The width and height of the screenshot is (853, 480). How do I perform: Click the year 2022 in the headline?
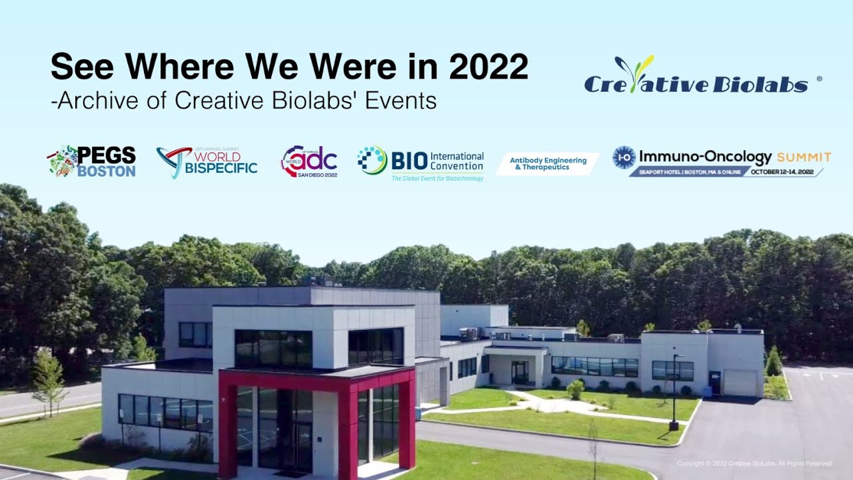tap(488, 67)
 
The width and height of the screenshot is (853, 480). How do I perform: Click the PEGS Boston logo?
tap(91, 161)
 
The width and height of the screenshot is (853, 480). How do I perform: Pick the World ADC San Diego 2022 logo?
tap(309, 161)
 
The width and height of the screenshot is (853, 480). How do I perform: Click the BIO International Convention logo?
tap(421, 162)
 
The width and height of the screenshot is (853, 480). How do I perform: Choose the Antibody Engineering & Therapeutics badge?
tap(548, 163)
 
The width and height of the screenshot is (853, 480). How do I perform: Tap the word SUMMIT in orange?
tap(804, 157)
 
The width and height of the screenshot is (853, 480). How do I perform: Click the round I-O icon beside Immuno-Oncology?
tap(624, 157)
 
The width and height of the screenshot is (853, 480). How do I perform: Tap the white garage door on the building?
tap(740, 383)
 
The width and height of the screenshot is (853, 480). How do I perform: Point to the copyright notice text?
tap(754, 463)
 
